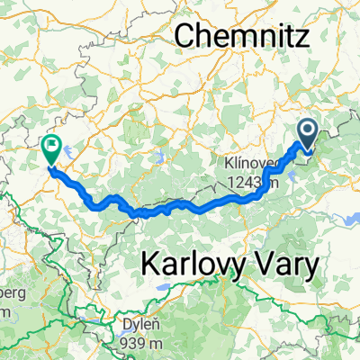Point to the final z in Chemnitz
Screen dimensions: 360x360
pos(301,36)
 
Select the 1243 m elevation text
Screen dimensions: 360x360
pos(256,183)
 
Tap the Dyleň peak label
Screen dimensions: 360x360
pos(134,327)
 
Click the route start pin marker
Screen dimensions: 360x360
pos(307,137)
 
